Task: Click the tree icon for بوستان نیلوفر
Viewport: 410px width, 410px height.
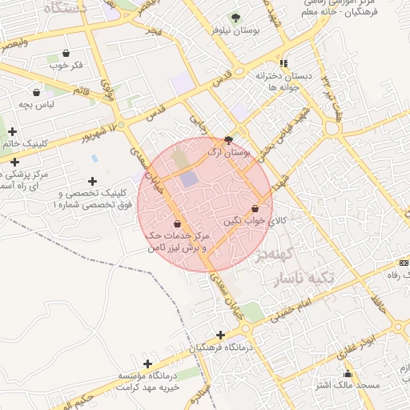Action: pos(235,17)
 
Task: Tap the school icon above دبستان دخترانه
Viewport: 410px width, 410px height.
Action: pos(283,63)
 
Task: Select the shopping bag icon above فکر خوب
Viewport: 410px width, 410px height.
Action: pos(66,54)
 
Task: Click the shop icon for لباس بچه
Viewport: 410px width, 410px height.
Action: pos(35,92)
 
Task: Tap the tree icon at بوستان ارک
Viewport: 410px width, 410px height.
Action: pos(229,139)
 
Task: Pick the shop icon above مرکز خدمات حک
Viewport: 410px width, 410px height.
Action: pos(176,223)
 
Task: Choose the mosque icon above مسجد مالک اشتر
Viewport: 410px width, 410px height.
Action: pos(347,373)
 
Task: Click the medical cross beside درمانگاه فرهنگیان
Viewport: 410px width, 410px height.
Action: pos(221,335)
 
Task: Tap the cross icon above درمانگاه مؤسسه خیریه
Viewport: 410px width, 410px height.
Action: pos(147,364)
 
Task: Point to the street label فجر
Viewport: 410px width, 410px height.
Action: pos(153,30)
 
